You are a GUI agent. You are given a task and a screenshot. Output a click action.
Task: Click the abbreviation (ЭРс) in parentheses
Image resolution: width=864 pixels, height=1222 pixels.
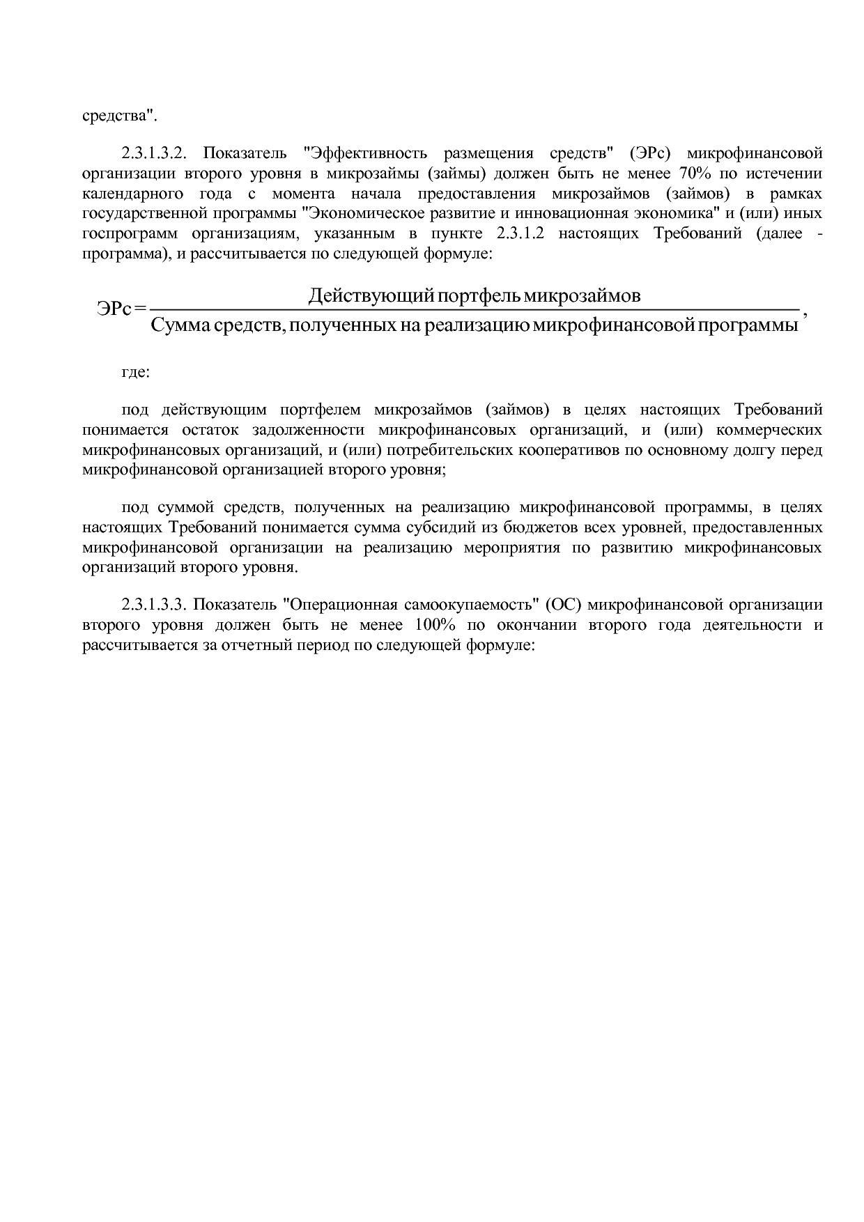(x=648, y=153)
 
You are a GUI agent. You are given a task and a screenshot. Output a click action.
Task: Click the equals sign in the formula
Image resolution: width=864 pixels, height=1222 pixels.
(x=141, y=309)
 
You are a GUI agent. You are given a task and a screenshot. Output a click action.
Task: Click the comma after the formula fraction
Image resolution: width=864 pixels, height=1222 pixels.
(x=805, y=314)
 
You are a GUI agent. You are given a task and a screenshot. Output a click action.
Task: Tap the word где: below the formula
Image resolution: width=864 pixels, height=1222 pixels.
(x=136, y=372)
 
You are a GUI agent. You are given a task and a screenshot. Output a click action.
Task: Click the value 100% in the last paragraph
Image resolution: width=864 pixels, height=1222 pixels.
(x=435, y=624)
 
